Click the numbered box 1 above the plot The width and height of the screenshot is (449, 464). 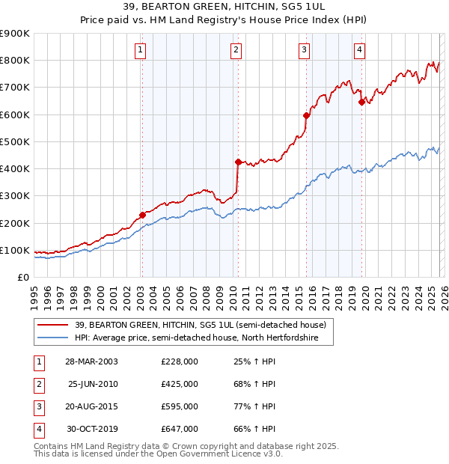click(141, 50)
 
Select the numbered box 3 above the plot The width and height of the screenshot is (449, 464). click(305, 50)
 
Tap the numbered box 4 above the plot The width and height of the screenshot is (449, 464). click(359, 50)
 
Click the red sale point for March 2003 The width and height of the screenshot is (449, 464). click(142, 215)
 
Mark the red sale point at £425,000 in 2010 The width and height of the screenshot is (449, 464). click(238, 162)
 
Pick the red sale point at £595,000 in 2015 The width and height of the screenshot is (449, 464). click(306, 115)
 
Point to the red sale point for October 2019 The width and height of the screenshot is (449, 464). click(361, 102)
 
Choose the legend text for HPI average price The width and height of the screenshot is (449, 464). click(196, 338)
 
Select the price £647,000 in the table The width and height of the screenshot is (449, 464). click(180, 429)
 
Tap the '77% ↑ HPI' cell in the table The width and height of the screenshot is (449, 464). click(254, 406)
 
